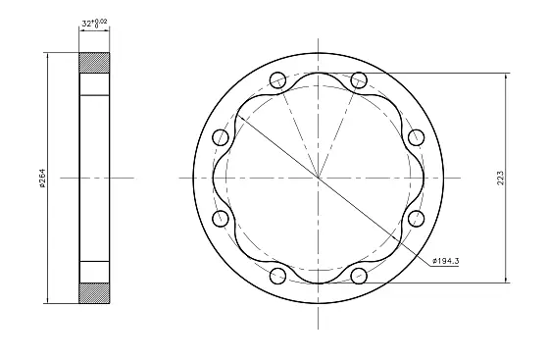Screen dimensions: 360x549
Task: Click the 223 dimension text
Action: click(x=500, y=177)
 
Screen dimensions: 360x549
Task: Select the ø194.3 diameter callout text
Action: click(x=447, y=261)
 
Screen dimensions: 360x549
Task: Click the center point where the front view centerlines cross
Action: click(x=318, y=177)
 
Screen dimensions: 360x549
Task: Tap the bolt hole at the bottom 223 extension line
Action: click(x=359, y=276)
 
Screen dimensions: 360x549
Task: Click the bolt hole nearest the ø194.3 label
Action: click(x=416, y=218)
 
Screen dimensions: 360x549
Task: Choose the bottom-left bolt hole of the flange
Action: click(x=277, y=276)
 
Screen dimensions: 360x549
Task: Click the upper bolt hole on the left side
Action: click(x=220, y=136)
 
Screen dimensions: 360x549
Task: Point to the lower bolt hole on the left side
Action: click(x=220, y=218)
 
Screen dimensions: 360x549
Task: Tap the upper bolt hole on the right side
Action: click(x=416, y=136)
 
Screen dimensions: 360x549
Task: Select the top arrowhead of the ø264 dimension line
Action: click(x=47, y=57)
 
